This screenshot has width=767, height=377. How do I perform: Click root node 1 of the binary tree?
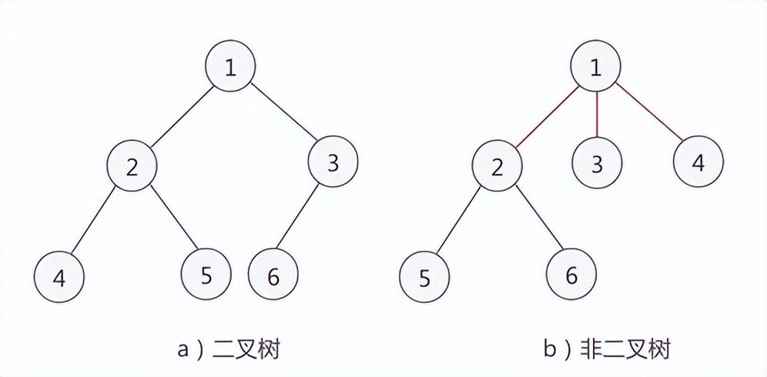(229, 67)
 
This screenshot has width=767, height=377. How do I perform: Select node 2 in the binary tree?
(132, 167)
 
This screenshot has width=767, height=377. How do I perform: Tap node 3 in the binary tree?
(333, 163)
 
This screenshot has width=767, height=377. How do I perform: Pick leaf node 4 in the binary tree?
(59, 275)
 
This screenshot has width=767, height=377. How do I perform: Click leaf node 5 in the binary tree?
(206, 274)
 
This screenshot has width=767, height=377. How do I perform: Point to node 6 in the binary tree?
(273, 275)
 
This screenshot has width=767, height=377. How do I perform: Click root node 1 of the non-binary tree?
(595, 67)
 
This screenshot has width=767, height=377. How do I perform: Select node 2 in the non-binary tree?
(497, 167)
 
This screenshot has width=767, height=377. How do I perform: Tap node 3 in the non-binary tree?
(596, 163)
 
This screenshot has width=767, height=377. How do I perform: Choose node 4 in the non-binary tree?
(698, 163)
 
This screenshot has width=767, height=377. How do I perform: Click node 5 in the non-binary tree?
(424, 277)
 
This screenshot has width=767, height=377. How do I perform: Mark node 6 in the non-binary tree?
(571, 275)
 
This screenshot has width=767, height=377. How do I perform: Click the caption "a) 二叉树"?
(227, 350)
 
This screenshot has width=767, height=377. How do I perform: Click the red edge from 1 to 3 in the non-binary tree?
(596, 115)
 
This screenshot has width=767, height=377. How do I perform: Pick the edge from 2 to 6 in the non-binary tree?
(534, 222)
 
